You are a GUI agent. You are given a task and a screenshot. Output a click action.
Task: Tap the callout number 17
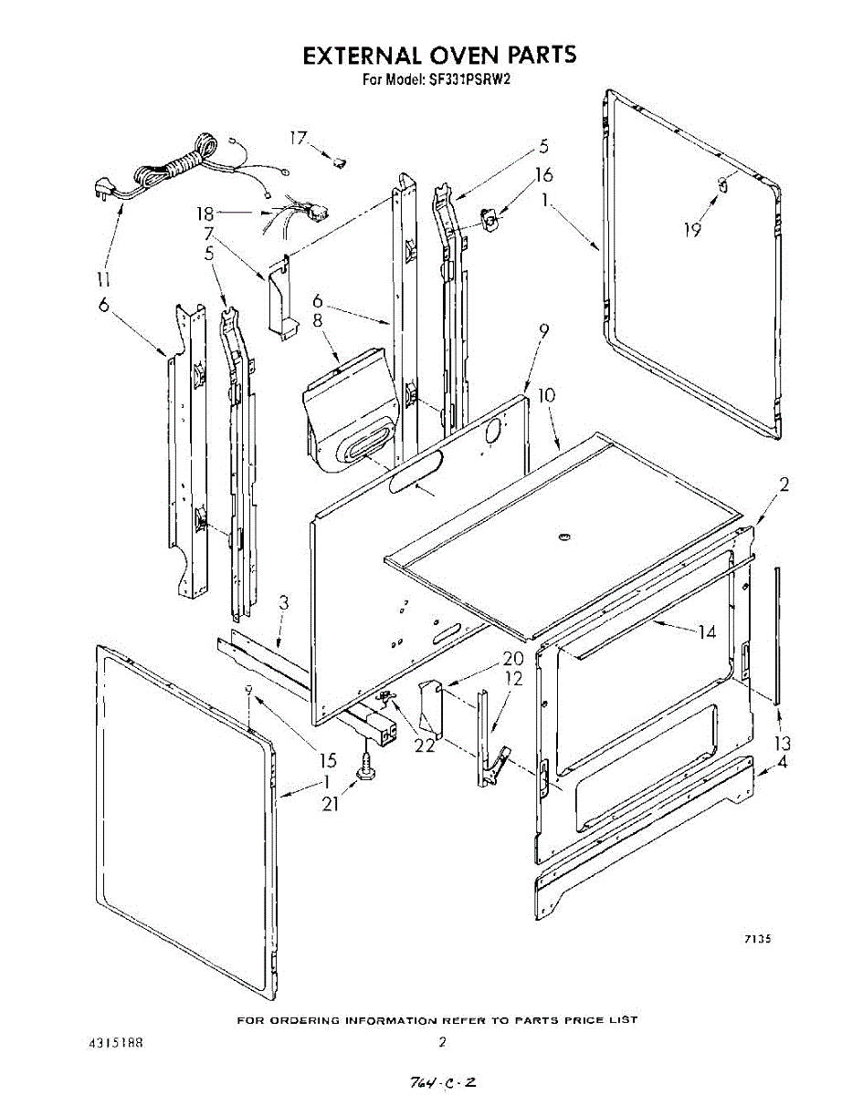pos(299,138)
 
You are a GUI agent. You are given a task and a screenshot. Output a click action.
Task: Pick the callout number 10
pos(546,397)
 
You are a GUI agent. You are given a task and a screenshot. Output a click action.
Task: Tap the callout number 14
pos(707,631)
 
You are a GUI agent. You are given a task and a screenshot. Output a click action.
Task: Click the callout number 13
pos(782,742)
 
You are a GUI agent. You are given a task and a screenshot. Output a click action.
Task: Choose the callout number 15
pos(328,759)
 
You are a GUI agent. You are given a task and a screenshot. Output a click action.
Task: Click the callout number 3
pos(284,602)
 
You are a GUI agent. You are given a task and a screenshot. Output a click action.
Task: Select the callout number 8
pos(318,320)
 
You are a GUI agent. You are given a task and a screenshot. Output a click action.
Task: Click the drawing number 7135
pos(744,939)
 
